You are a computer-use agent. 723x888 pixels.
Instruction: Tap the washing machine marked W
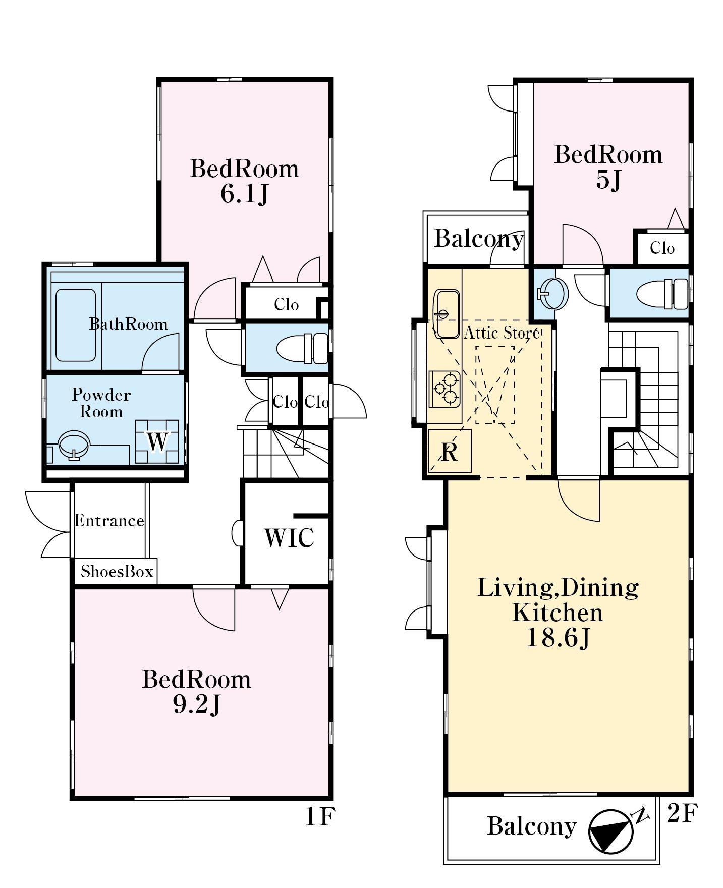pyautogui.click(x=157, y=441)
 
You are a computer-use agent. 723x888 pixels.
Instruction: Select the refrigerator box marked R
pyautogui.click(x=449, y=451)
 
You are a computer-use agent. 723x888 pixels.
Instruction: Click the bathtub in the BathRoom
pyautogui.click(x=76, y=325)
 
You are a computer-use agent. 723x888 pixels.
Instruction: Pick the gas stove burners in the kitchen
pyautogui.click(x=444, y=389)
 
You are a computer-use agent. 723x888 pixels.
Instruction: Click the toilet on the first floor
pyautogui.click(x=302, y=349)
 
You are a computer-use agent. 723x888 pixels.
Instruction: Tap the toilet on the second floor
pyautogui.click(x=662, y=294)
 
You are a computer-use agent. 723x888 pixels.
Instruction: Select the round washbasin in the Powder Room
pyautogui.click(x=74, y=445)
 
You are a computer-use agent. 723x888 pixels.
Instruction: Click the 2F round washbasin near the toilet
pyautogui.click(x=552, y=292)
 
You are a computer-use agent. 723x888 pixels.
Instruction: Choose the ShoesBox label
pyautogui.click(x=117, y=572)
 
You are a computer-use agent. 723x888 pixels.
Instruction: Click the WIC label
pyautogui.click(x=289, y=538)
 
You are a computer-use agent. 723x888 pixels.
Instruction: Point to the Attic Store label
pyautogui.click(x=502, y=332)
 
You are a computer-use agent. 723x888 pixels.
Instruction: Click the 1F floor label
pyautogui.click(x=320, y=817)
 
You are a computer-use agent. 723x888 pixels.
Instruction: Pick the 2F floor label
pyautogui.click(x=682, y=813)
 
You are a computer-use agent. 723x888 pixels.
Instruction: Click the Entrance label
pyautogui.click(x=109, y=521)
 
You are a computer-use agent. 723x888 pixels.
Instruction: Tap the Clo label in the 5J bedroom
pyautogui.click(x=662, y=248)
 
